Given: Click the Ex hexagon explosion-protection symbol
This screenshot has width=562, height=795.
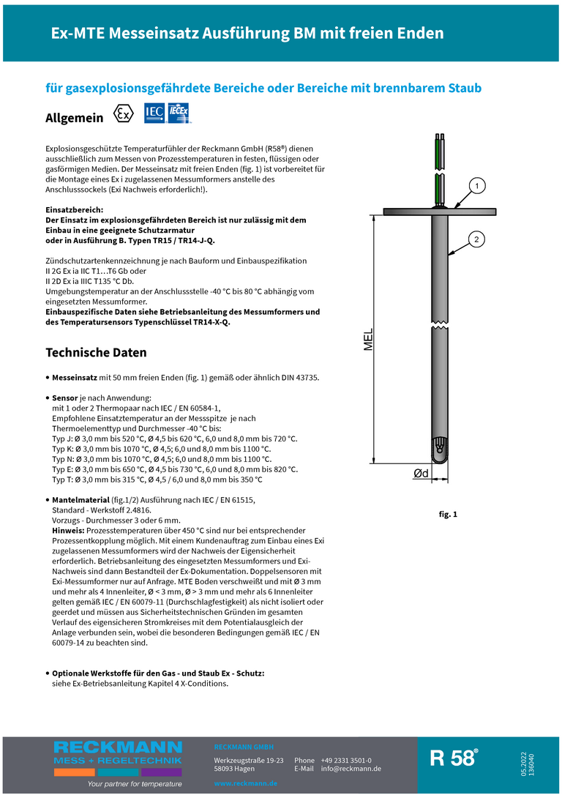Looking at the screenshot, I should click(x=124, y=115).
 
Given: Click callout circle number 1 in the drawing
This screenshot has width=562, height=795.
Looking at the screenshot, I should click(x=476, y=186).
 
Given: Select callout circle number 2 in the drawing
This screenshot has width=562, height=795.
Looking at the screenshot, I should click(x=476, y=239).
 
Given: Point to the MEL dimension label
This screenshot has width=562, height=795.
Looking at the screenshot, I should click(x=369, y=339).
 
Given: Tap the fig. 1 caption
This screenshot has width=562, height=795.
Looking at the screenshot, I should click(x=448, y=515).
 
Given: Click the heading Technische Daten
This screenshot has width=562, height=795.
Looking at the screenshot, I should click(x=96, y=352).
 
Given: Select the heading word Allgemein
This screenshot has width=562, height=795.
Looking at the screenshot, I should click(x=74, y=118).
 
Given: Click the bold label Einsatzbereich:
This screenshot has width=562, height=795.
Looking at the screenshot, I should click(x=75, y=210).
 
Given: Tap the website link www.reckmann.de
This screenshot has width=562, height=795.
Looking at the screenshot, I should click(x=245, y=783).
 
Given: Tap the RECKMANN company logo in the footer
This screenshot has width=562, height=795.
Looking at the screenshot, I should click(x=117, y=755).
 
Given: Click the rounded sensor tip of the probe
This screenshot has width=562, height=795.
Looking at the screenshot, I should click(x=441, y=452).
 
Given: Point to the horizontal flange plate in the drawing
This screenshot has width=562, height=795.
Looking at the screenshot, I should click(x=439, y=212).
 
